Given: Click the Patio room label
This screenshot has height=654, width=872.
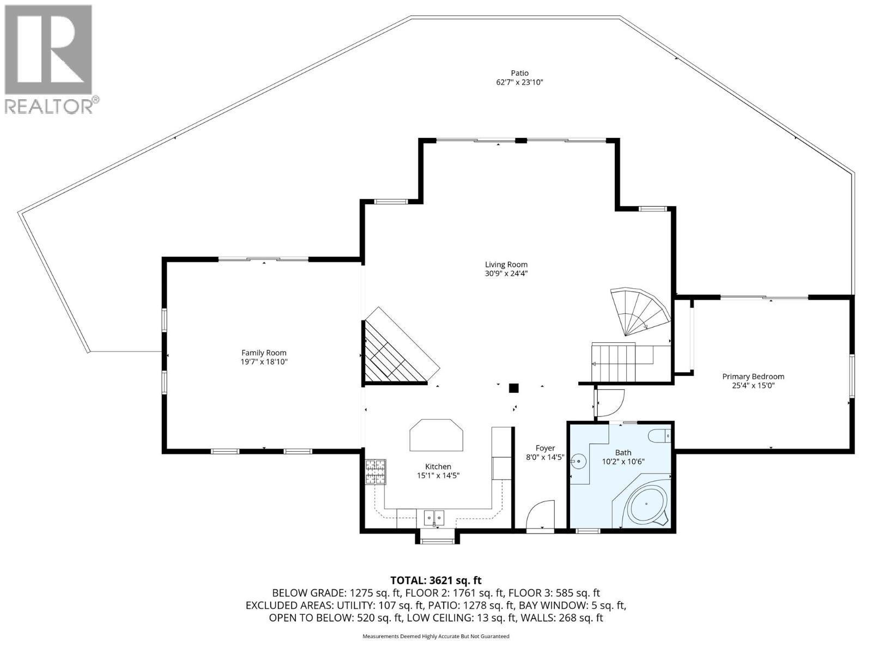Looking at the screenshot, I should tap(519, 73).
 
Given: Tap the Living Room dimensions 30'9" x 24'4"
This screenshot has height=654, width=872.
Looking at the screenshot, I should tap(506, 274).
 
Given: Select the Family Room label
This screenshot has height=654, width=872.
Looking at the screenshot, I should tap(264, 353).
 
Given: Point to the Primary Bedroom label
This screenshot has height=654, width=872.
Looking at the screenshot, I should tap(753, 376).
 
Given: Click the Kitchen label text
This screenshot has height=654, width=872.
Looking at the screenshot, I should tap(438, 467).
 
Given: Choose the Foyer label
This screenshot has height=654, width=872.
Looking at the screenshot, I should tap(545, 448).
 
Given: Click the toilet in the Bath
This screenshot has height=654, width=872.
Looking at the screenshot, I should tap(659, 436).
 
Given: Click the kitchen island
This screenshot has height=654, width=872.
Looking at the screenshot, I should tap(436, 435).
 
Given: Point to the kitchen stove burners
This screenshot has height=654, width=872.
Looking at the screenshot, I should tap(374, 472).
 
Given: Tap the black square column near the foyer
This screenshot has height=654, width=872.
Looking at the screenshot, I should tap(513, 388).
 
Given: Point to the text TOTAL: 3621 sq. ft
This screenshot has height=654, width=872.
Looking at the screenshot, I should tap(436, 580).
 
